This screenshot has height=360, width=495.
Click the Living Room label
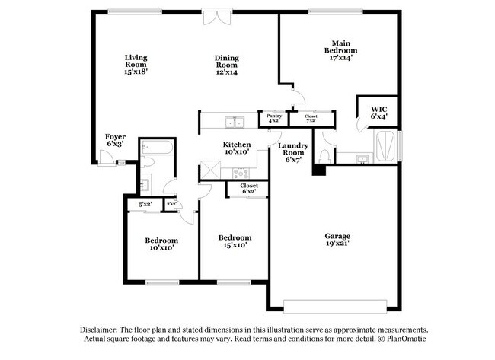tap(136, 65)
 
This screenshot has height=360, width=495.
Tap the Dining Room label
tap(226, 65)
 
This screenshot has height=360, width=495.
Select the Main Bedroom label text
tap(340, 49)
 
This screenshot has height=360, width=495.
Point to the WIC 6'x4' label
tap(378, 113)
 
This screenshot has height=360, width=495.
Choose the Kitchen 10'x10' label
tap(237, 148)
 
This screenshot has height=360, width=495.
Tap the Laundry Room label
tap(293, 152)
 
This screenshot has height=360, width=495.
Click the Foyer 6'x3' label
tap(115, 140)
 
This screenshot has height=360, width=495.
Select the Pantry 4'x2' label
tap(273, 118)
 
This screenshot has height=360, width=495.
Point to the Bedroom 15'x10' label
tap(235, 242)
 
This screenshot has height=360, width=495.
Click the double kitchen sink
tap(234, 123)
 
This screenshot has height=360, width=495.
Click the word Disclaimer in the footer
tap(103, 329)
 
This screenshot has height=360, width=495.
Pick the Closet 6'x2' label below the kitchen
tap(248, 188)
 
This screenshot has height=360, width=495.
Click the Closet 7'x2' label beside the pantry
tap(311, 118)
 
